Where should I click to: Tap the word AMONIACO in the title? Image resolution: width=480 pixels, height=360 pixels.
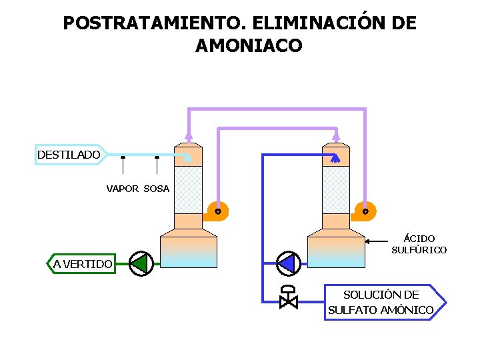(249, 46)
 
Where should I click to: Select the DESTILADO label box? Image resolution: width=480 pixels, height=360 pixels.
(69, 155)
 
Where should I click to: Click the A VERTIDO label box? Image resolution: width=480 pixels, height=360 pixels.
(82, 264)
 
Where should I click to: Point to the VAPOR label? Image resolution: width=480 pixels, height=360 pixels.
(123, 189)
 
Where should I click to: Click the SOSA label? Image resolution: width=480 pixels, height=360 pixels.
(157, 189)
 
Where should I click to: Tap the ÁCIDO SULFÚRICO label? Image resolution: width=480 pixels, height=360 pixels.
(419, 244)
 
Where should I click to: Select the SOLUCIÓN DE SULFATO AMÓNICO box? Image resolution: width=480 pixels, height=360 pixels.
(382, 302)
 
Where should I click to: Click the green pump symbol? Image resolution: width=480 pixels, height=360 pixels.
(140, 264)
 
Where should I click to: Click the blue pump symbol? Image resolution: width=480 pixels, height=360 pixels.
(287, 264)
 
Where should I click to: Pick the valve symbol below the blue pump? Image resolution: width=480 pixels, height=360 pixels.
(289, 298)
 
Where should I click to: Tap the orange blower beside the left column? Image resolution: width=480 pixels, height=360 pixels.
(216, 211)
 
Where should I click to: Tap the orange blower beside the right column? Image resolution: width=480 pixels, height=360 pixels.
(364, 211)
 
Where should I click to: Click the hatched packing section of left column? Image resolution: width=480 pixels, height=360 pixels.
(188, 190)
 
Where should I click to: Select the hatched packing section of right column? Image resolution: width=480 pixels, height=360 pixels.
(335, 190)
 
